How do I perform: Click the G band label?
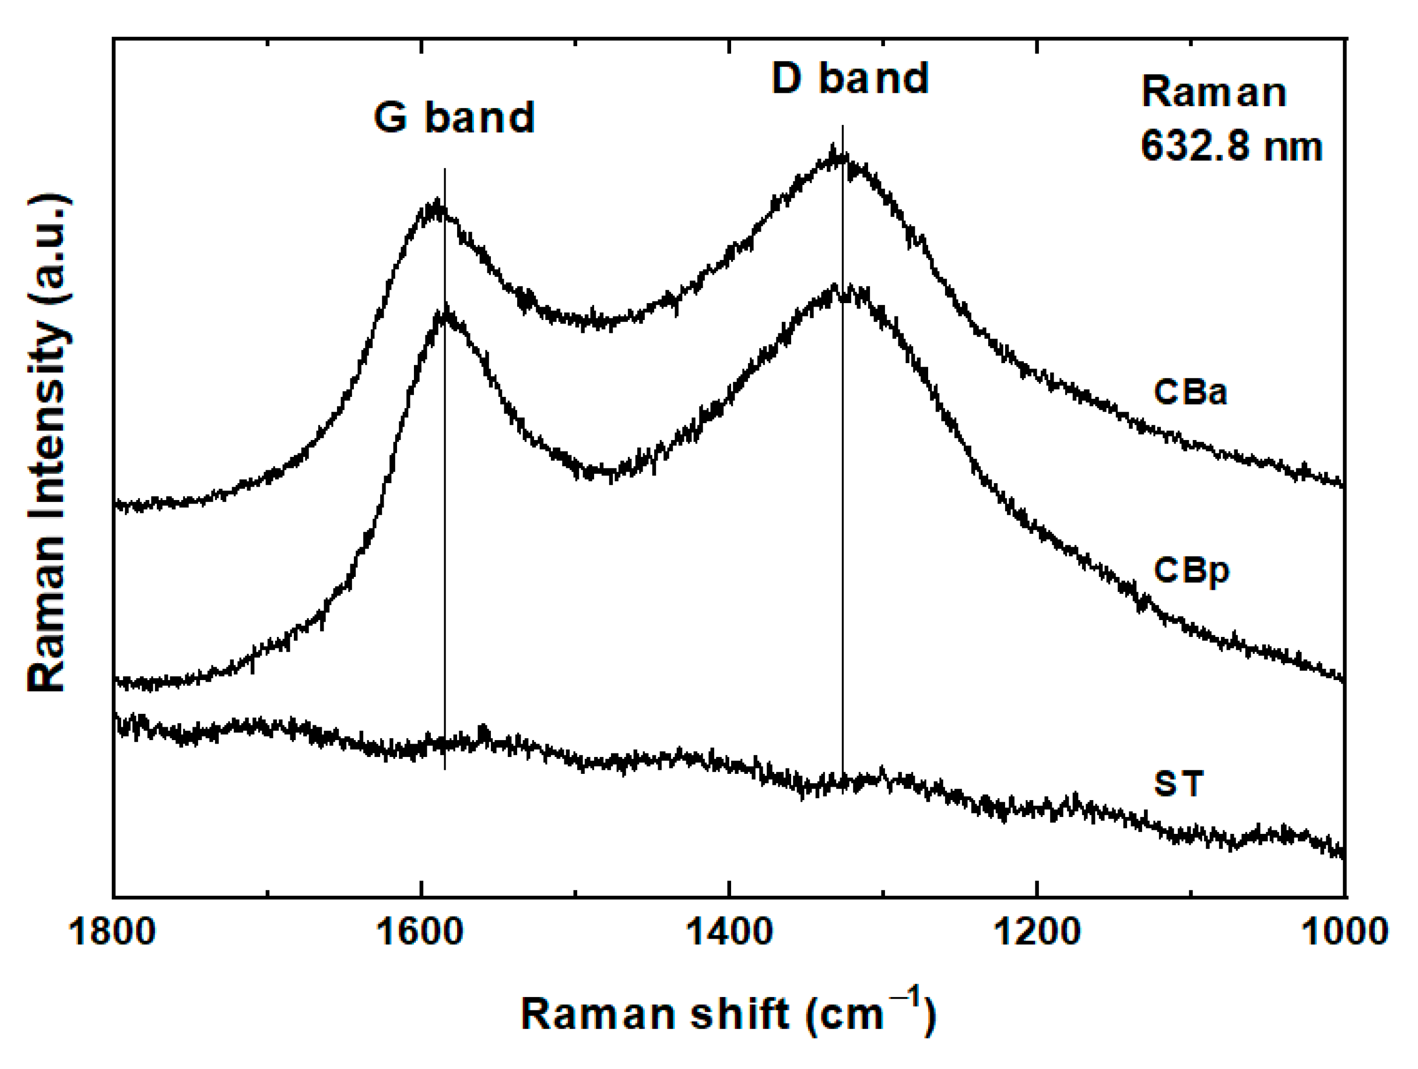[454, 118]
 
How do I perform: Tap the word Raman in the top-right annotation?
[1214, 93]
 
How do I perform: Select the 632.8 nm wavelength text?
[1231, 146]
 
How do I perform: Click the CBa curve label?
[1190, 391]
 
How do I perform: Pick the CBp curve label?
[1191, 570]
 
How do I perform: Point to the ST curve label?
[1178, 783]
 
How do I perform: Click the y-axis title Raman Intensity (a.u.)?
[48, 442]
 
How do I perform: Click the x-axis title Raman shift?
[654, 1014]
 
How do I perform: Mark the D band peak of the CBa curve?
[835, 154]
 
